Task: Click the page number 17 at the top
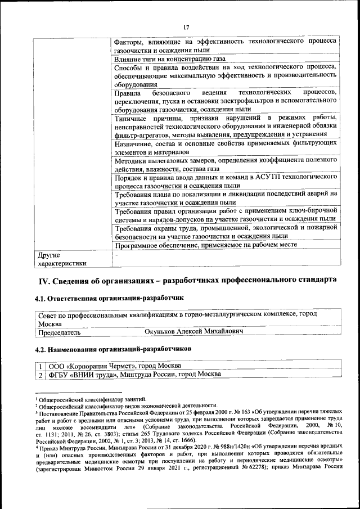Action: click(186, 28)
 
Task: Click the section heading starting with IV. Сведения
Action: click(187, 280)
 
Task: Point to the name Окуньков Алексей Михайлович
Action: click(194, 332)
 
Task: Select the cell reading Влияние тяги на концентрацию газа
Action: click(169, 58)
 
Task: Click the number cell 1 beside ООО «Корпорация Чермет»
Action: click(40, 366)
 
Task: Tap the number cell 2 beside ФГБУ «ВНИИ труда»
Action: click(40, 374)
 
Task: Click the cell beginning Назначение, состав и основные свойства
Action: click(225, 147)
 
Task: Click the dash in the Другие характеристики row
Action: click(116, 255)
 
